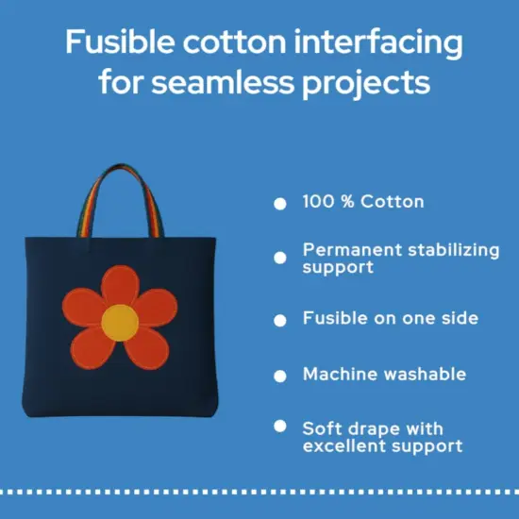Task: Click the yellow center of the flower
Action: point(119,321)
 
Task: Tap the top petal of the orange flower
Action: point(120,286)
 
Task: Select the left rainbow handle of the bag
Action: point(86,203)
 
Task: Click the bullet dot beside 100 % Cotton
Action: point(279,203)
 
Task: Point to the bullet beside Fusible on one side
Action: point(279,321)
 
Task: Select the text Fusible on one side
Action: point(390,319)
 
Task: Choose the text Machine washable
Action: point(384,375)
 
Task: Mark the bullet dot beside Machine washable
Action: point(279,376)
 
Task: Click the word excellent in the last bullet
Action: point(344,445)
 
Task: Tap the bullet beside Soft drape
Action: point(279,427)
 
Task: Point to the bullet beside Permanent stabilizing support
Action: point(279,257)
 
